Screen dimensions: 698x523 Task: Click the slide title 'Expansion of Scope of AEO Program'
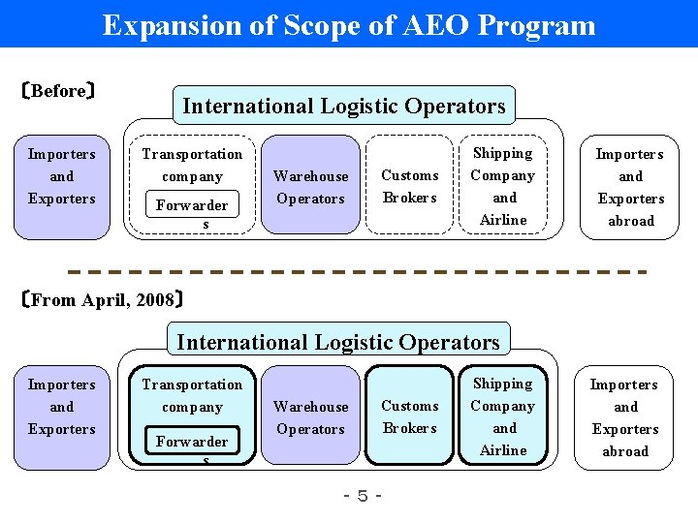click(349, 24)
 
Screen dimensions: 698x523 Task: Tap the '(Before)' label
click(57, 92)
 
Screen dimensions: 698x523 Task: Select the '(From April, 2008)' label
click(101, 299)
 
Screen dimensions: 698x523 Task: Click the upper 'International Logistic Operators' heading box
click(343, 106)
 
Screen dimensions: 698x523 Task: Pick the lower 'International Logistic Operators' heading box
click(338, 341)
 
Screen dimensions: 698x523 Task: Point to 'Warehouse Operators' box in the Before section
click(311, 187)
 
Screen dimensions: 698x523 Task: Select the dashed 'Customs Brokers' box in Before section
click(409, 187)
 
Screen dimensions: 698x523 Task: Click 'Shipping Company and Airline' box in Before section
click(503, 186)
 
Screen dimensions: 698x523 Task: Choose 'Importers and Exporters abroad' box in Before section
click(630, 187)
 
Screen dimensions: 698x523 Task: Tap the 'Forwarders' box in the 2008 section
click(192, 445)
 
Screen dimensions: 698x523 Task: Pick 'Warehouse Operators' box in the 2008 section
click(311, 417)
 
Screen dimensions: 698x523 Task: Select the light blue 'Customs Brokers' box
click(409, 417)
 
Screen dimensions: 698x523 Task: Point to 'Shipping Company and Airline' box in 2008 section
click(503, 417)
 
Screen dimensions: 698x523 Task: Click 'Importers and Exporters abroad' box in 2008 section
click(625, 417)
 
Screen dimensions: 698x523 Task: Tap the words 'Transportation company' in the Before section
click(192, 165)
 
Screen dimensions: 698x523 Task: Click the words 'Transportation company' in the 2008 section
click(192, 395)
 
